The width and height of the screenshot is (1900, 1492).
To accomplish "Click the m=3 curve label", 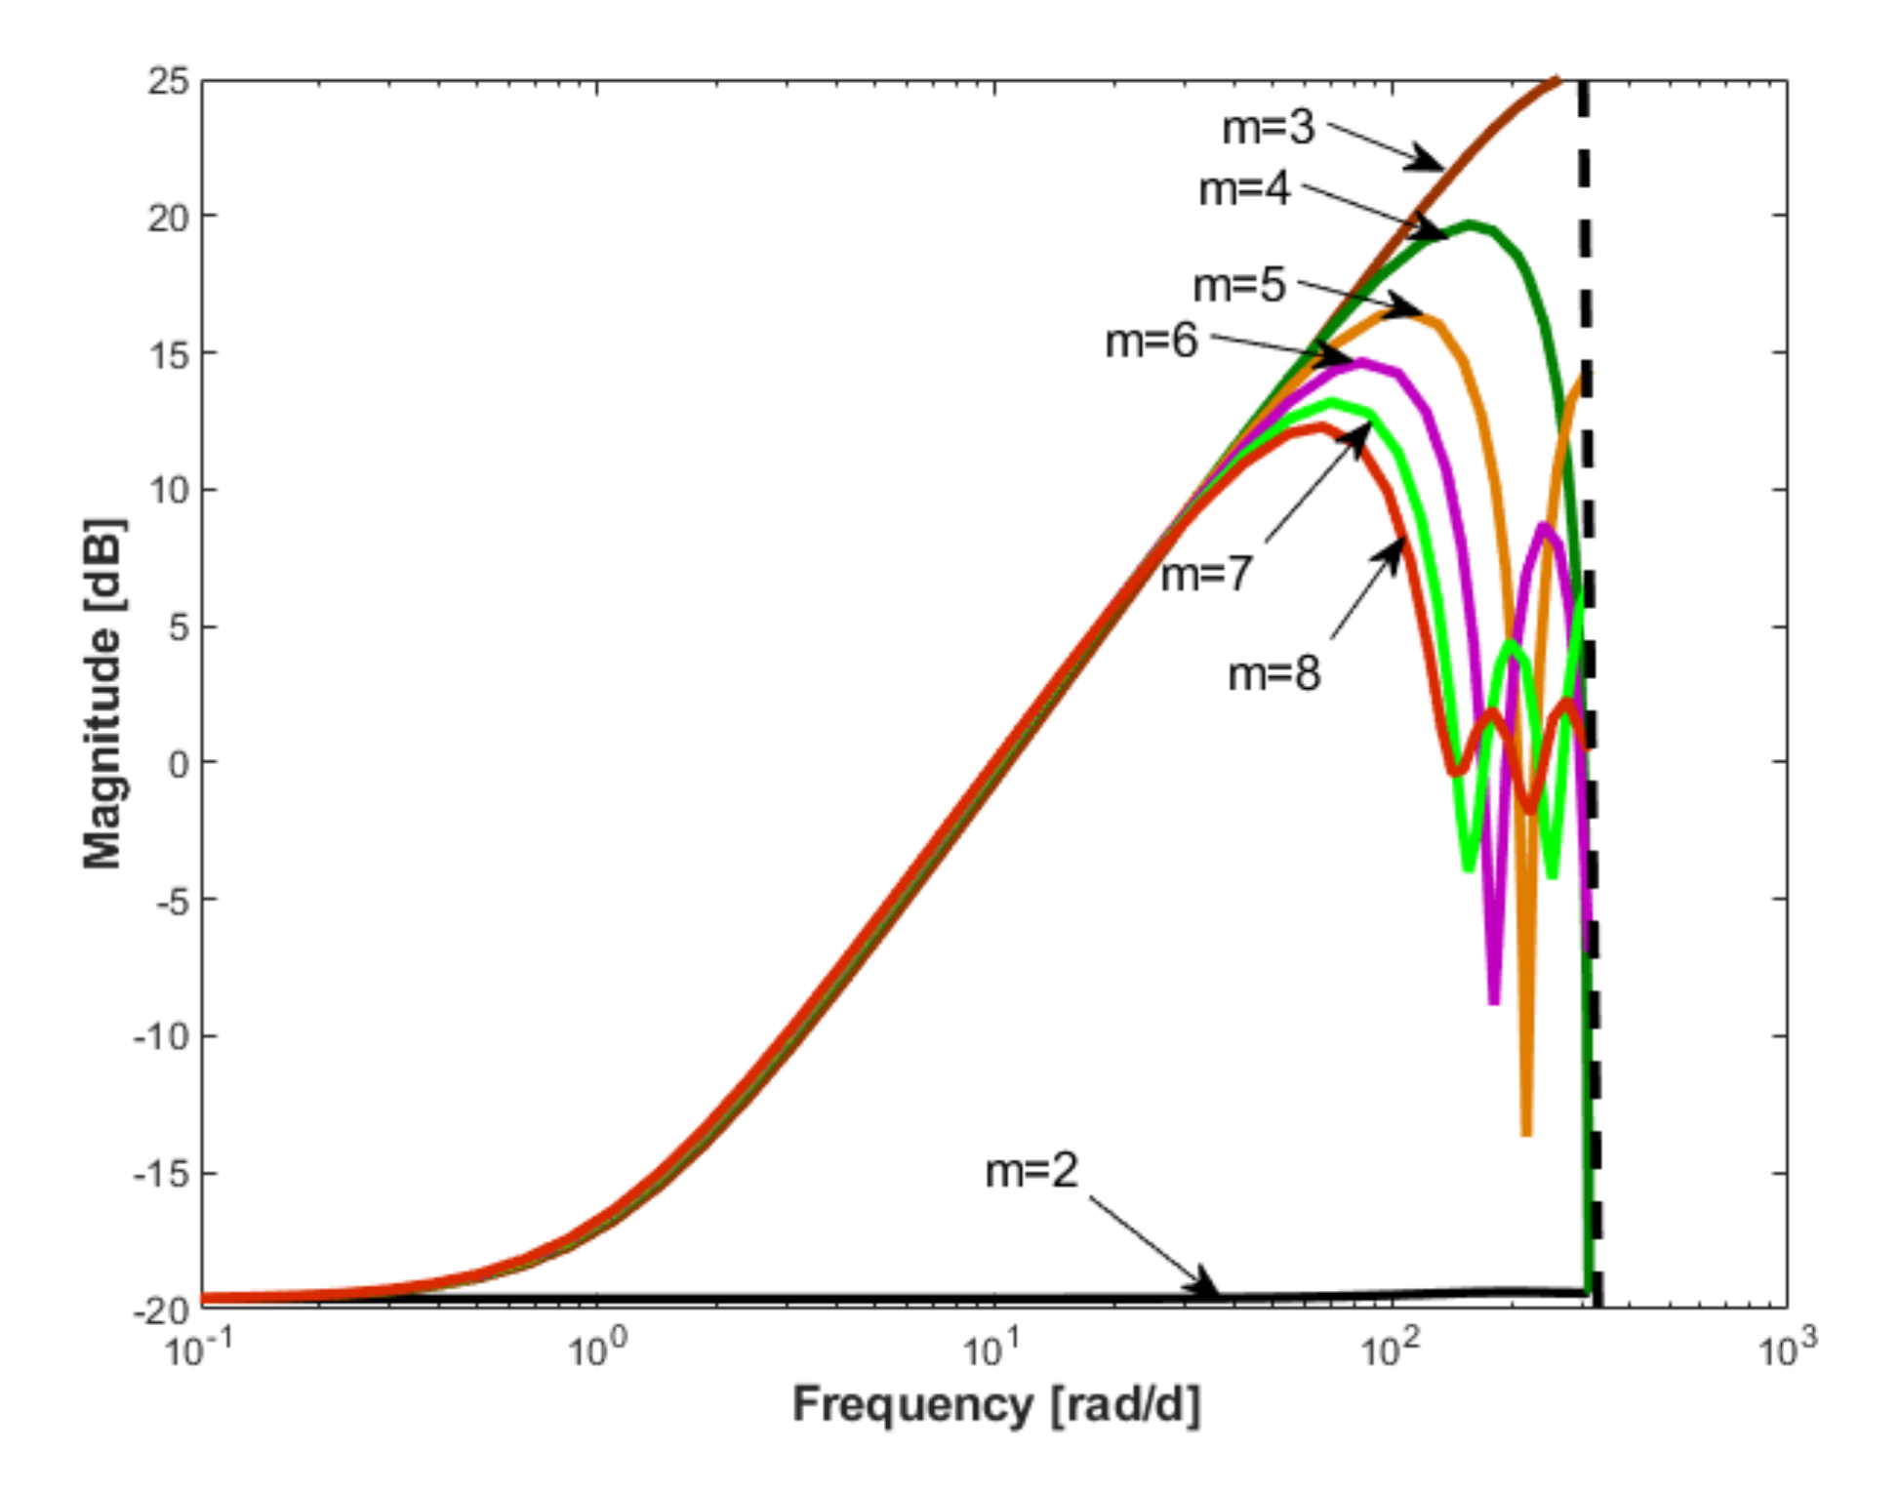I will pyautogui.click(x=1268, y=128).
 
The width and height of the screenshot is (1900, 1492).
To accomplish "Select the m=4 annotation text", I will pyautogui.click(x=1244, y=189).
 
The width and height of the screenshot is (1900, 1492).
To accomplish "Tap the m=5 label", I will pyautogui.click(x=1239, y=286).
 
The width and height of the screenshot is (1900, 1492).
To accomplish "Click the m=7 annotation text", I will pyautogui.click(x=1205, y=574).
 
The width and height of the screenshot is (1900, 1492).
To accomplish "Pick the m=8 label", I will pyautogui.click(x=1273, y=674).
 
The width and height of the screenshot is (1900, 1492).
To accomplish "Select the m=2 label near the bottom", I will pyautogui.click(x=1031, y=1170).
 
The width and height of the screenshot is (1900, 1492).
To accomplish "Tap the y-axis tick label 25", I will pyautogui.click(x=168, y=81).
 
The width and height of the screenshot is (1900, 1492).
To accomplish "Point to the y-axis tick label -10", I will pyautogui.click(x=160, y=1036).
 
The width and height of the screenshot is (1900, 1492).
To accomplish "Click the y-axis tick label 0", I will pyautogui.click(x=179, y=763).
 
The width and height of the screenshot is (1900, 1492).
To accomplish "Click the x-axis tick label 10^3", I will pyautogui.click(x=1788, y=1351).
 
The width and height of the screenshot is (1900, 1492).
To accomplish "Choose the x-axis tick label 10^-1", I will pyautogui.click(x=199, y=1351).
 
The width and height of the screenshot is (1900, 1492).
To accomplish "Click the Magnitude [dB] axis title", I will pyautogui.click(x=101, y=694).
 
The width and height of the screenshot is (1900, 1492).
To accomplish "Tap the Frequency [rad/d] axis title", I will pyautogui.click(x=995, y=1406).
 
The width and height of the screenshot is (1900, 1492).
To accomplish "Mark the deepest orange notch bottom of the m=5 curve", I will pyautogui.click(x=1526, y=1132).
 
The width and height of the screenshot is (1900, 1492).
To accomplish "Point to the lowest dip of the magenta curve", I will pyautogui.click(x=1494, y=1000).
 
